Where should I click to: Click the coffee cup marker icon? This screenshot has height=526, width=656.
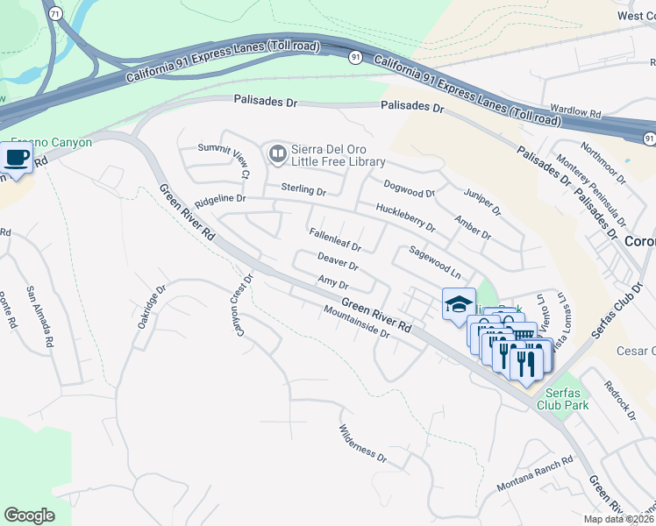(17, 158)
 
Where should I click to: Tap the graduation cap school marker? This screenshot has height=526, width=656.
(458, 304)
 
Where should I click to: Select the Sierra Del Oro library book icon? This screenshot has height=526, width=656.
(277, 155)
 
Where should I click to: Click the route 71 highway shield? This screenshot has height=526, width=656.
(56, 14)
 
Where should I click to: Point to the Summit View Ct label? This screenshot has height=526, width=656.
(224, 161)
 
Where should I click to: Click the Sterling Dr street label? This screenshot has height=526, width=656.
(303, 189)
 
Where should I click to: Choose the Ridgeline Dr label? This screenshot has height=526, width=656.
(220, 199)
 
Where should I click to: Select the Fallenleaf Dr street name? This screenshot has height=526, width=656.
(335, 240)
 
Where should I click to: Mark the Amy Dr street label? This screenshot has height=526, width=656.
(333, 283)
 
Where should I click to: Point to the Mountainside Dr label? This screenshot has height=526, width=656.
(355, 321)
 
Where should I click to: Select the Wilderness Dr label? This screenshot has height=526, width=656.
(362, 444)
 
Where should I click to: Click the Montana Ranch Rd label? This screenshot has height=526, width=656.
(534, 474)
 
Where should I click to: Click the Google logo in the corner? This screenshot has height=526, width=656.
(30, 515)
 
